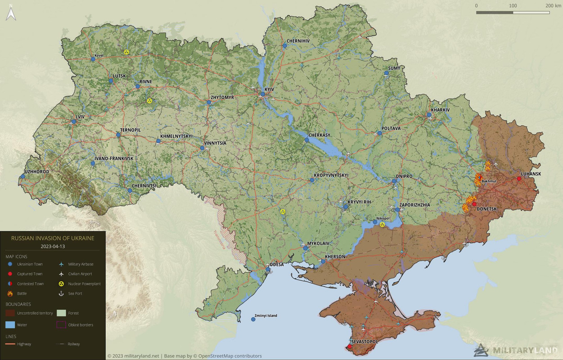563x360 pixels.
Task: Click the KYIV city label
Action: click(x=269, y=90)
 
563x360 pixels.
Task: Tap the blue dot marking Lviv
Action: click(x=73, y=121)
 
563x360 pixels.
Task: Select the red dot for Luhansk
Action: click(x=519, y=179)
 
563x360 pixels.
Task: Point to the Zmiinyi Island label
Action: click(x=266, y=315)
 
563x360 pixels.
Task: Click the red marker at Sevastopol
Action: click(x=350, y=346)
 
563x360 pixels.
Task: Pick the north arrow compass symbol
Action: click(x=11, y=13)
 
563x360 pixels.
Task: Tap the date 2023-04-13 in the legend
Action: click(x=53, y=247)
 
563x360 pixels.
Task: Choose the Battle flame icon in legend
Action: click(x=10, y=293)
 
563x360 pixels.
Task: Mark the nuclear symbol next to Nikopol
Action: click(x=382, y=224)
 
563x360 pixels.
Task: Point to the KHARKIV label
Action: click(x=440, y=110)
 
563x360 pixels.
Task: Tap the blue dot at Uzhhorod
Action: click(x=23, y=176)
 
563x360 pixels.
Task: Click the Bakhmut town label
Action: click(x=489, y=181)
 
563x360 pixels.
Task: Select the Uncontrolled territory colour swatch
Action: click(x=10, y=313)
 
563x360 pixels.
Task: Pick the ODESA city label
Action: click(x=277, y=265)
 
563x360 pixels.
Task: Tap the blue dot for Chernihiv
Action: click(x=285, y=45)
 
